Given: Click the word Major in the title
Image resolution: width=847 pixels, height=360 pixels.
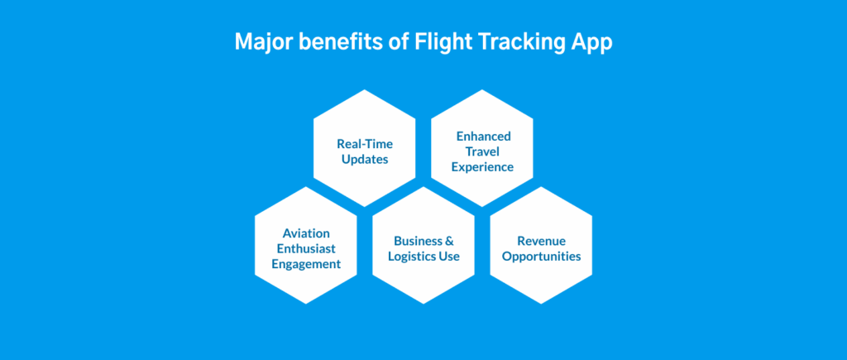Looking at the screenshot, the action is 264,42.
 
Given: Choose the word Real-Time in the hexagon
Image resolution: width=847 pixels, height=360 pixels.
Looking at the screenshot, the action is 365,144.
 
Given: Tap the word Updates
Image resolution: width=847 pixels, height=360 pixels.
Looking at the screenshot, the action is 365,160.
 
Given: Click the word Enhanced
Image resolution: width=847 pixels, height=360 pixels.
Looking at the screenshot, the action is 483,136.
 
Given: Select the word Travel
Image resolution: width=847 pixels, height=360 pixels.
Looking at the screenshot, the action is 482,151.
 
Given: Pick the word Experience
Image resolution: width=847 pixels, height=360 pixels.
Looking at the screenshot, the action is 482,167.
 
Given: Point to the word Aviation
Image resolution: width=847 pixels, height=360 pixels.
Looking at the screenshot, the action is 306,233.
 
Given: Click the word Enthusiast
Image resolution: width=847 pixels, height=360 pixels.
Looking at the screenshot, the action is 306,248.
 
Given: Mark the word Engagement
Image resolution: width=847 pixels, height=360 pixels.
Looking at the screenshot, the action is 306,264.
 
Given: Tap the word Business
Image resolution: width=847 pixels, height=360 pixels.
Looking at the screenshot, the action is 417,241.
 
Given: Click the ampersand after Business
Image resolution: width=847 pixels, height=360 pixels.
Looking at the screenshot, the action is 449,241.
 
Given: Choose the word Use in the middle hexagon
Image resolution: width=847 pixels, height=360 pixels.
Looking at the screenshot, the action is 450,257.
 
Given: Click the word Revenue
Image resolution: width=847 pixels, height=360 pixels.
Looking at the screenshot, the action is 541,241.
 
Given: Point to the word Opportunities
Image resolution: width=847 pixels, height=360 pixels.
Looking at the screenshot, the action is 541,257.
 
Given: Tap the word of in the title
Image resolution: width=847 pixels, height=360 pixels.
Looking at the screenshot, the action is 400,42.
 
